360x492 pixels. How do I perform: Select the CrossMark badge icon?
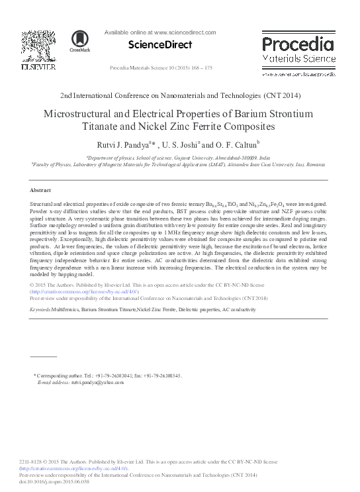click(x=80, y=42)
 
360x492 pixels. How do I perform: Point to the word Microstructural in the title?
click(x=83, y=113)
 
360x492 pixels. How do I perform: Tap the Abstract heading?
click(x=41, y=189)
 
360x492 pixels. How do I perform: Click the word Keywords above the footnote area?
click(x=44, y=309)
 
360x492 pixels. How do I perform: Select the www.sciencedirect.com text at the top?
click(x=185, y=32)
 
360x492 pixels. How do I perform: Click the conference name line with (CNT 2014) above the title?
click(x=180, y=95)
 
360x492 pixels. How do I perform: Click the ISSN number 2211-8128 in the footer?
click(x=30, y=462)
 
